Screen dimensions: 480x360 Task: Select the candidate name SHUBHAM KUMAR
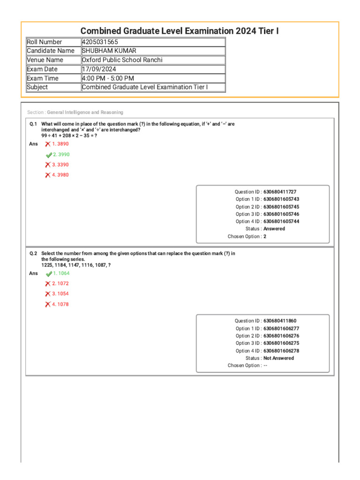[109, 51]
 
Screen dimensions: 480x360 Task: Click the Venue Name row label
[45, 60]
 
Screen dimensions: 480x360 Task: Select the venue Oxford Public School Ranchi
[122, 60]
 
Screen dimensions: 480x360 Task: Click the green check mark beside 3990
[49, 155]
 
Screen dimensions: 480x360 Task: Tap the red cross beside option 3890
[48, 144]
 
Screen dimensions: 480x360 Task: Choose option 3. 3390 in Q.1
[60, 165]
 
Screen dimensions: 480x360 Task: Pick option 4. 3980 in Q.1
[60, 175]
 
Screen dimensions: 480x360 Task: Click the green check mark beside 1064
[49, 274]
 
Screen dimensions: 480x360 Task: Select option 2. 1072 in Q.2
[60, 284]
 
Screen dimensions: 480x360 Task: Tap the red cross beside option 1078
[48, 304]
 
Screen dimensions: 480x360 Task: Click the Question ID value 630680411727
[280, 192]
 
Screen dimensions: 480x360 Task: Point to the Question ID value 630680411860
[280, 321]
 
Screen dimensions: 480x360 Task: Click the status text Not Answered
[279, 358]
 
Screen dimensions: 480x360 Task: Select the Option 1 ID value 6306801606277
[281, 329]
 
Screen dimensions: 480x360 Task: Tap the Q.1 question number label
[33, 124]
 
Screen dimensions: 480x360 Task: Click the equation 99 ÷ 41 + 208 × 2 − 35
[69, 135]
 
